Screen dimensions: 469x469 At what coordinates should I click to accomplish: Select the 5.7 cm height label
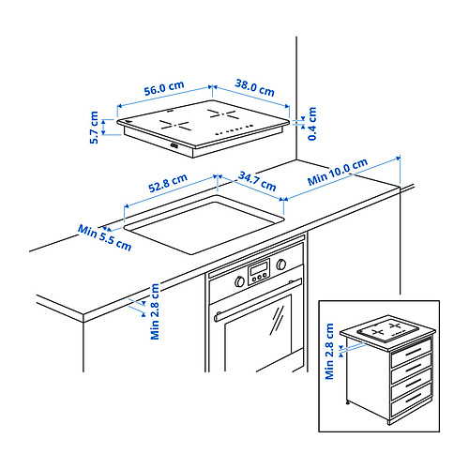pos(95,129)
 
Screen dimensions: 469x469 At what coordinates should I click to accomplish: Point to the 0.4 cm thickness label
pos(311,123)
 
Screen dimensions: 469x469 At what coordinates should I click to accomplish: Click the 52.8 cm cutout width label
pos(168,180)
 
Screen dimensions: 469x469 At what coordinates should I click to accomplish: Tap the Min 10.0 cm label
pos(338,173)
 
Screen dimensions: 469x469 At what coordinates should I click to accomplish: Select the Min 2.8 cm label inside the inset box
pos(330,350)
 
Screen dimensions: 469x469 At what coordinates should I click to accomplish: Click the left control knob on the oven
pos(240,279)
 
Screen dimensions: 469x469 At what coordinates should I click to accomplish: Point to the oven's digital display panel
pos(260,272)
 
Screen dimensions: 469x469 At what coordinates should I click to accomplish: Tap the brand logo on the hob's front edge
pos(175,145)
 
